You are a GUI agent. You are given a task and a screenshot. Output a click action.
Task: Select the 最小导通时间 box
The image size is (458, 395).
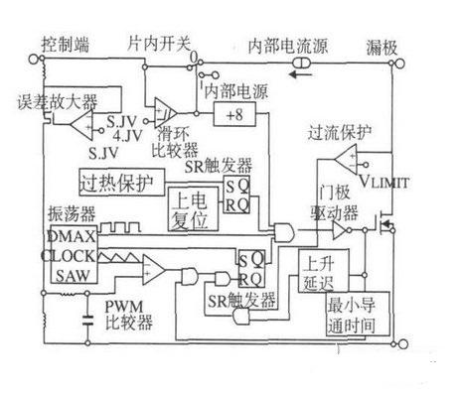coord(344,317)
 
